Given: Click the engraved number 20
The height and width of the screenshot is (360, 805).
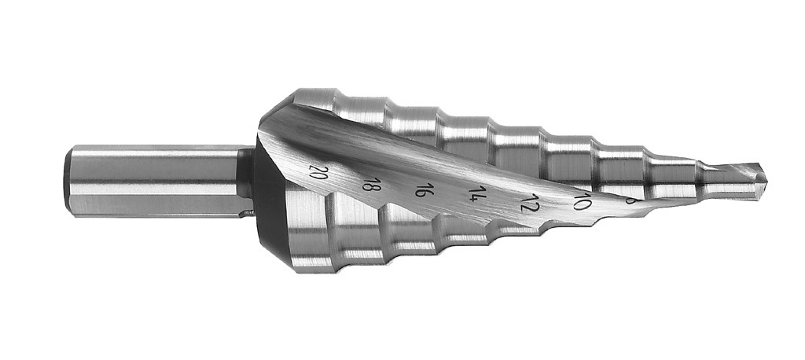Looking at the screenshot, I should tap(318, 172).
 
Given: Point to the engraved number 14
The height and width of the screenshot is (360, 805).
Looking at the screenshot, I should tap(476, 193).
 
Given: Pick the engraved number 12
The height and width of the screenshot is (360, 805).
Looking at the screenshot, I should tap(529, 202).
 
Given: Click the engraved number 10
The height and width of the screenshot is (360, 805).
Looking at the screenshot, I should tap(582, 202).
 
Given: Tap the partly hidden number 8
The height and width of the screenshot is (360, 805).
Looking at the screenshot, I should tap(630, 200).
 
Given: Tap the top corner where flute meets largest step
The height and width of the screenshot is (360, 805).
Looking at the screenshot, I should tap(295, 98).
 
